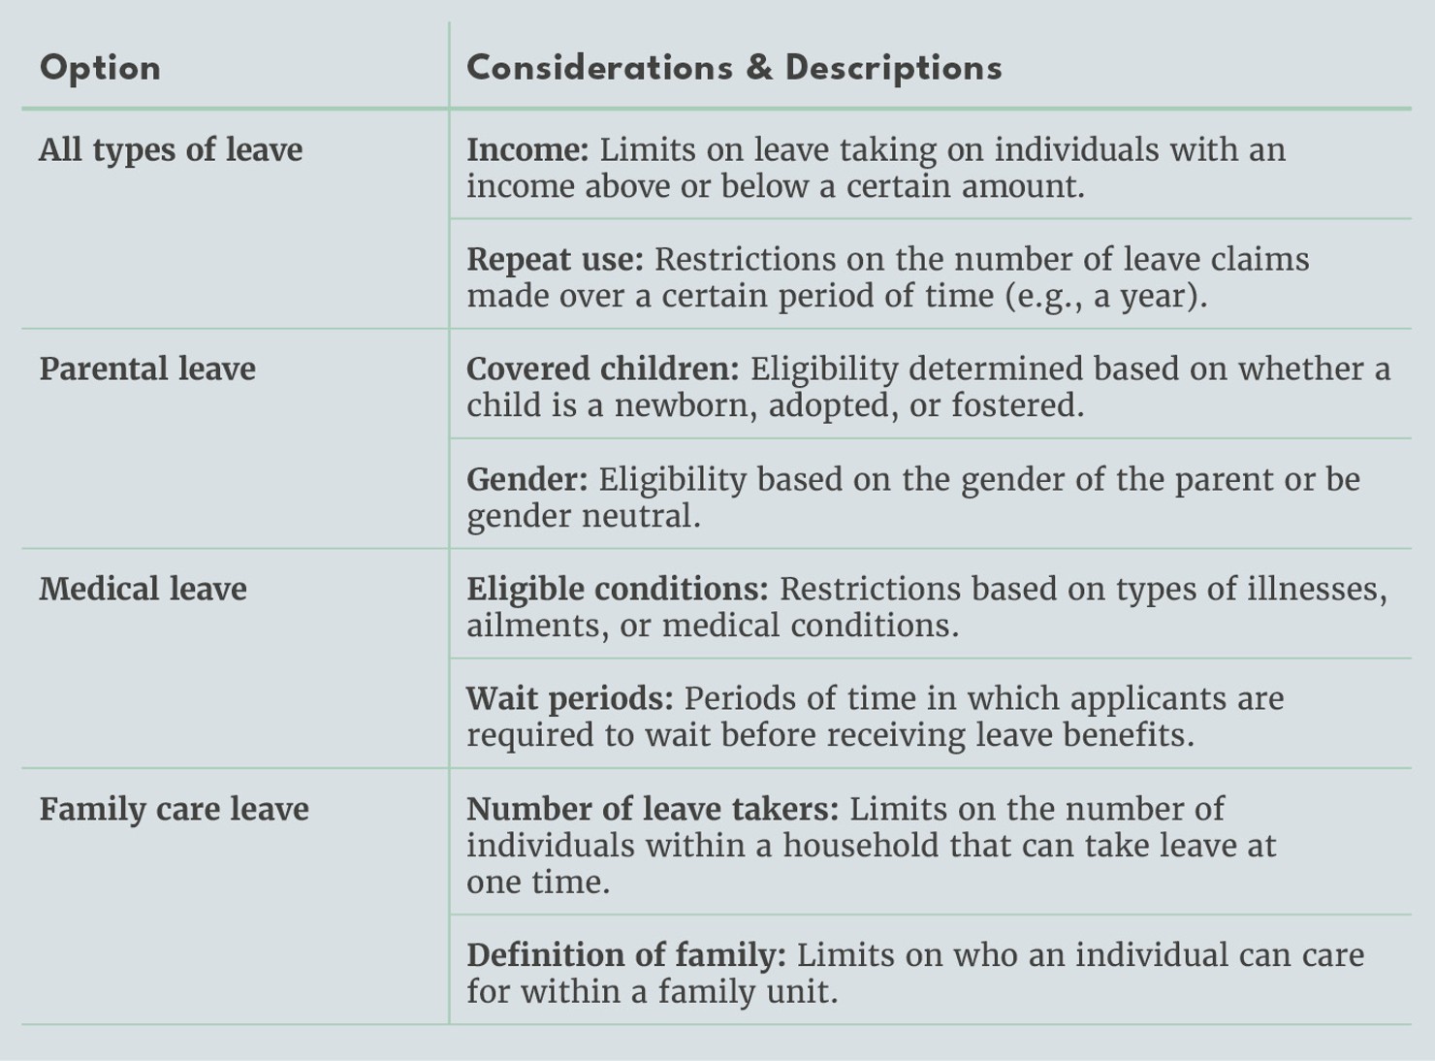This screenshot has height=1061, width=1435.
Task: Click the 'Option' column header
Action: (x=100, y=69)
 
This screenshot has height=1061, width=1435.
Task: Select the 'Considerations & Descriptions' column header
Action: (x=734, y=69)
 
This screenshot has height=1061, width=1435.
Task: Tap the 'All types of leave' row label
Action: (x=171, y=150)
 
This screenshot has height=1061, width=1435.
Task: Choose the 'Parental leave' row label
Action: (x=147, y=370)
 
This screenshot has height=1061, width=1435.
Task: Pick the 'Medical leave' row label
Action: (x=143, y=590)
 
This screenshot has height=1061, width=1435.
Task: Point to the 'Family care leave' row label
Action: (x=175, y=810)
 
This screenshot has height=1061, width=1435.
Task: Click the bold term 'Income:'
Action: (x=527, y=150)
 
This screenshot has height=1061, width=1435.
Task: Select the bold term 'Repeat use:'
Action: (x=555, y=260)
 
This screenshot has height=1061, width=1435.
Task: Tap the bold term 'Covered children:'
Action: (x=602, y=370)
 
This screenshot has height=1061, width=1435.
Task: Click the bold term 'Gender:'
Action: (x=526, y=480)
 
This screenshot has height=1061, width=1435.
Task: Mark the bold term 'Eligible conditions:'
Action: (x=617, y=590)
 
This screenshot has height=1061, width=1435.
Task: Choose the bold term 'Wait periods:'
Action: (x=569, y=699)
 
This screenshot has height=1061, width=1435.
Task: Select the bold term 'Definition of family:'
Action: (x=625, y=956)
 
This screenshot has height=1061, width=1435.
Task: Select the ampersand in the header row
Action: (x=759, y=69)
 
